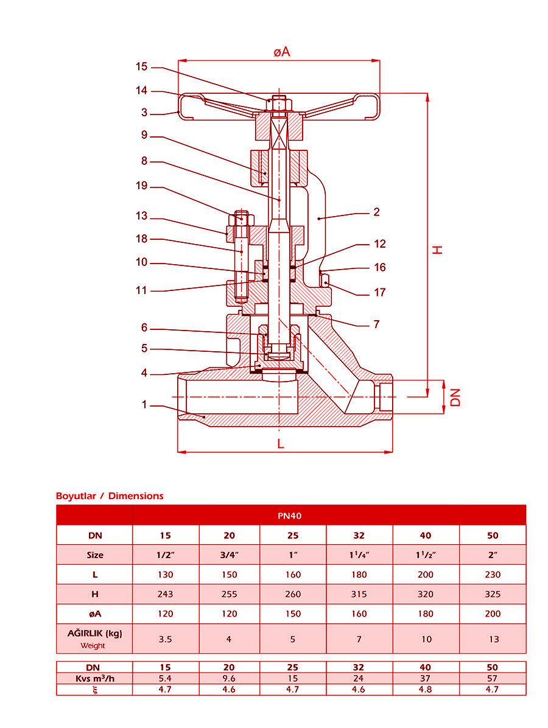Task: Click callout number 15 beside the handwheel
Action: pyautogui.click(x=141, y=67)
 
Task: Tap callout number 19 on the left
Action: pyautogui.click(x=141, y=186)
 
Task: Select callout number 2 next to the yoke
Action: pyautogui.click(x=377, y=212)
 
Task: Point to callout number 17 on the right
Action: pyautogui.click(x=379, y=293)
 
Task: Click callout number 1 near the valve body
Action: pyautogui.click(x=144, y=404)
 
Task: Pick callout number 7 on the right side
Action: pyautogui.click(x=376, y=324)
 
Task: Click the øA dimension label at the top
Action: pyautogui.click(x=281, y=52)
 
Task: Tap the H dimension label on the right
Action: pyautogui.click(x=437, y=250)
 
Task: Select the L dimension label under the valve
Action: pyautogui.click(x=281, y=444)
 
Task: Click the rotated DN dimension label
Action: pyautogui.click(x=455, y=397)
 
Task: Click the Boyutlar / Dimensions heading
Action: pyautogui.click(x=110, y=496)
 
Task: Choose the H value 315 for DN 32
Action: pyautogui.click(x=359, y=594)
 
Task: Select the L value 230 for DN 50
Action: pyautogui.click(x=493, y=575)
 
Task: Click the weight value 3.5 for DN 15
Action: pyautogui.click(x=165, y=639)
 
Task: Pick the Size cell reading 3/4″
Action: pyautogui.click(x=229, y=555)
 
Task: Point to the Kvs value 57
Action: pyautogui.click(x=493, y=678)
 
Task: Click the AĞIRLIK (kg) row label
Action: pyautogui.click(x=94, y=633)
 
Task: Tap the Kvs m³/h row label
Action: pyautogui.click(x=94, y=678)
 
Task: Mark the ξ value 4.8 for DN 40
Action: pyautogui.click(x=426, y=690)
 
